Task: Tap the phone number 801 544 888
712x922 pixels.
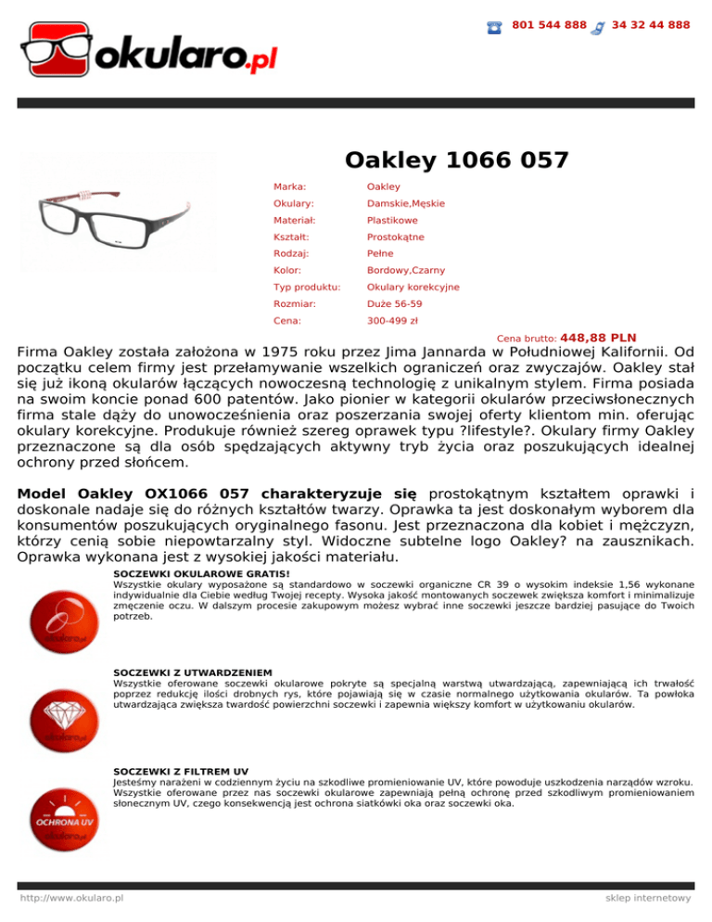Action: [x=549, y=25]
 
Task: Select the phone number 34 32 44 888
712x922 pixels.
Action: [x=651, y=25]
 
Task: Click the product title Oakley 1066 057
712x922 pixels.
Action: [x=456, y=160]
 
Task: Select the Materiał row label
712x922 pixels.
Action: [x=294, y=221]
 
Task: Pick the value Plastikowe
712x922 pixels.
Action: [x=392, y=221]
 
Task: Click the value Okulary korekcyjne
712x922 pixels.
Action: [x=413, y=288]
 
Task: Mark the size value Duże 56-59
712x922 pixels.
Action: [x=395, y=304]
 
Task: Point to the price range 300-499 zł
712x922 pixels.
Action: [x=392, y=321]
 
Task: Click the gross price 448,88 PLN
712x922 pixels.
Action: [x=598, y=338]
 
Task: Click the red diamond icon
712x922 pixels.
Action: [x=64, y=719]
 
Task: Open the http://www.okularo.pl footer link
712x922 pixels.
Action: [x=73, y=899]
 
